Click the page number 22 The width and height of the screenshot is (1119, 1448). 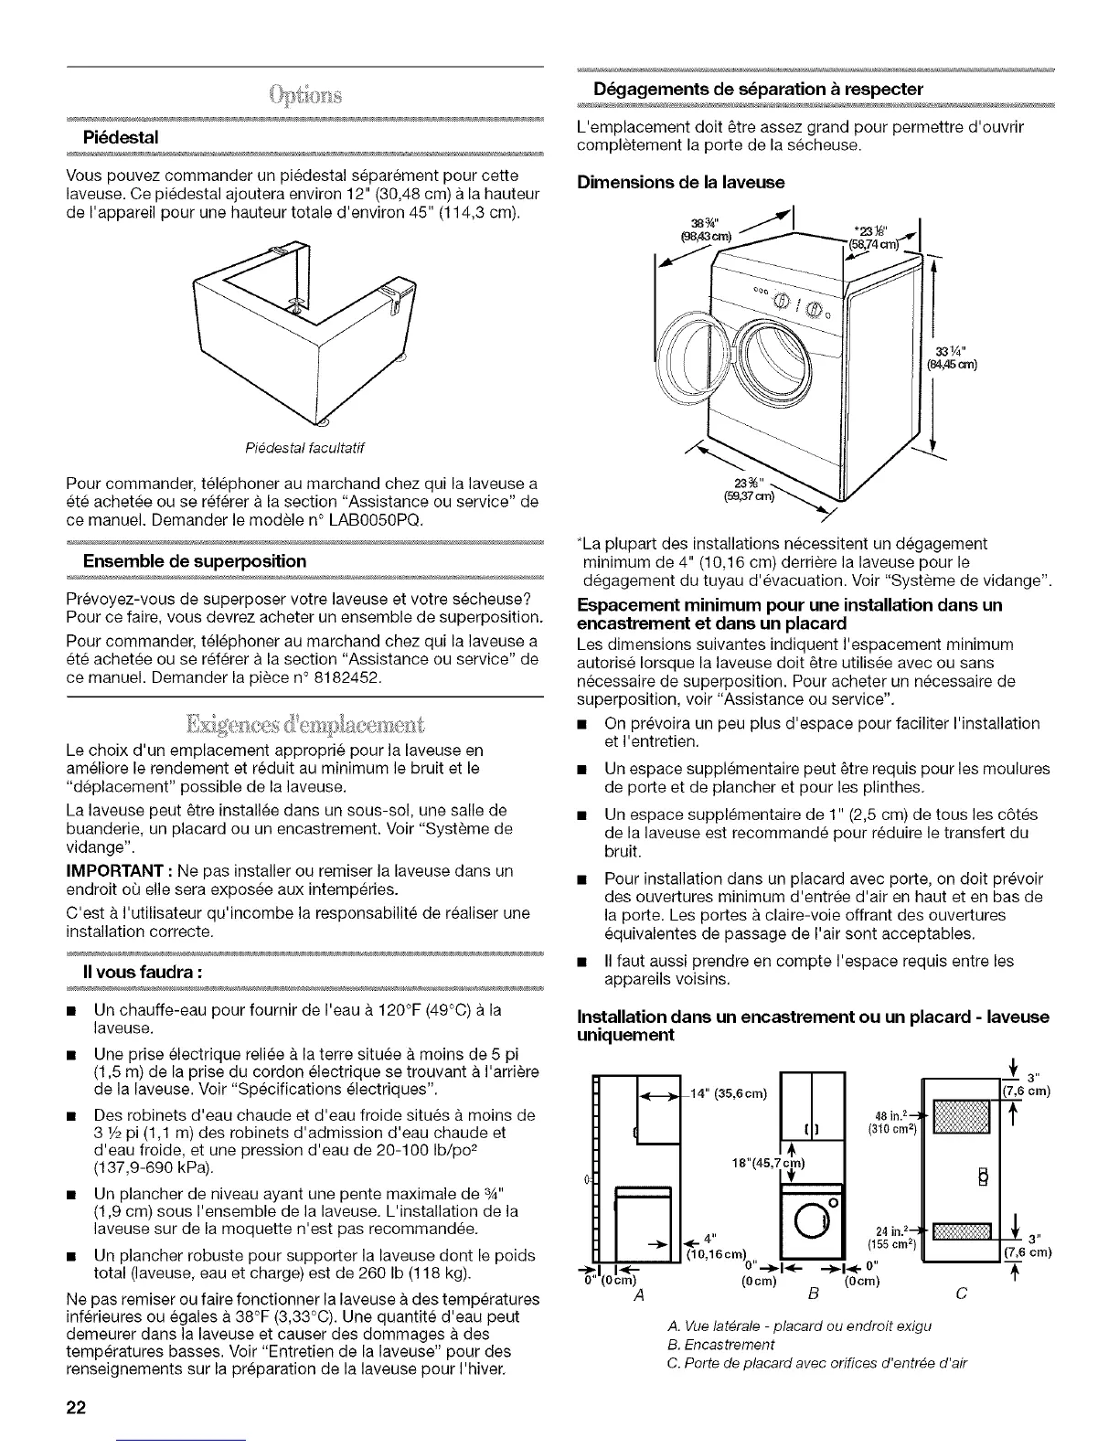[75, 1407]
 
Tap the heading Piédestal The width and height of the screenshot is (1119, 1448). [122, 137]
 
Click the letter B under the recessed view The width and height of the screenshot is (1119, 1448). [812, 1292]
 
